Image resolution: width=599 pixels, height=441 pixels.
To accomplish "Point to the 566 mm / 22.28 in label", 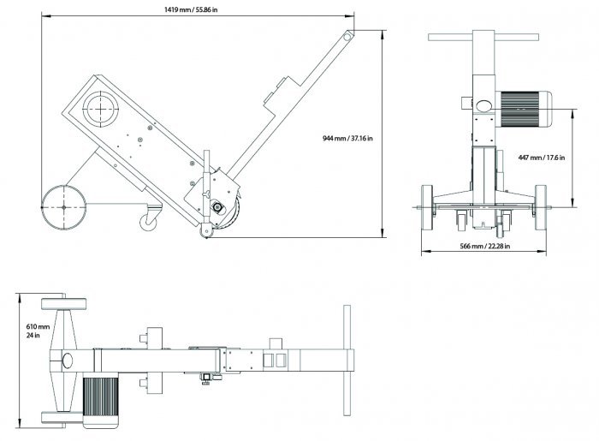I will (x=484, y=247).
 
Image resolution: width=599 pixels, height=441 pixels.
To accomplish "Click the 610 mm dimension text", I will (x=39, y=327).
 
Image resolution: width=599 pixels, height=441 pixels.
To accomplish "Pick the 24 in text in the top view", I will (x=33, y=337).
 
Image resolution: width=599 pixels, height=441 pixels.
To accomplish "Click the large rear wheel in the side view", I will (x=62, y=207).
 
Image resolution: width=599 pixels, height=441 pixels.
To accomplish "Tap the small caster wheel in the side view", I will (x=148, y=222).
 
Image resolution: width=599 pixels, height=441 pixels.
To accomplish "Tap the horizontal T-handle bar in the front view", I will (x=484, y=39).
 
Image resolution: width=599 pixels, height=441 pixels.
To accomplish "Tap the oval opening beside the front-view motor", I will (x=482, y=106).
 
